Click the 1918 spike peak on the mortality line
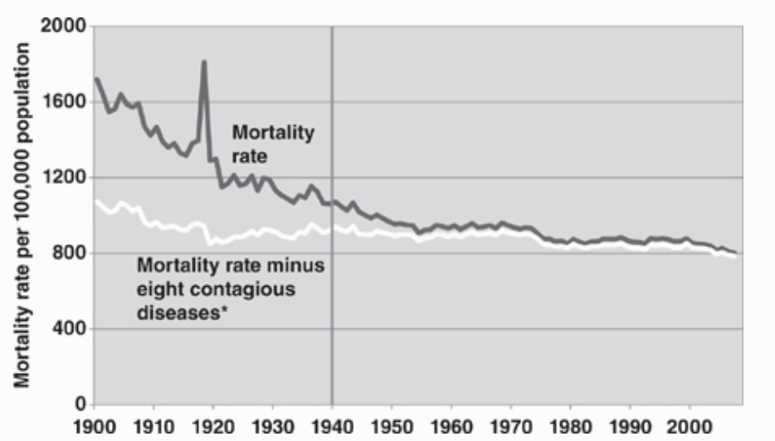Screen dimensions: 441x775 [x=203, y=62]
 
